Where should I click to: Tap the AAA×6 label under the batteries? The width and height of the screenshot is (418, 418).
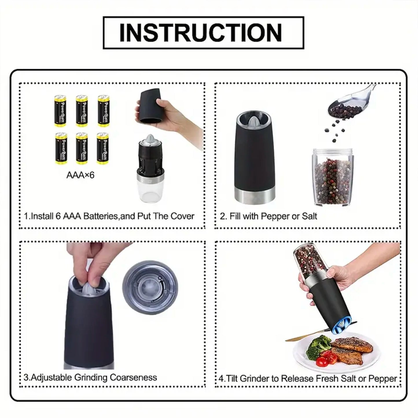[80, 175]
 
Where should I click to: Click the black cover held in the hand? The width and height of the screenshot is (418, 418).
[148, 108]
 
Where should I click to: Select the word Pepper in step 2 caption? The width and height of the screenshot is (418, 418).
[275, 216]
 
